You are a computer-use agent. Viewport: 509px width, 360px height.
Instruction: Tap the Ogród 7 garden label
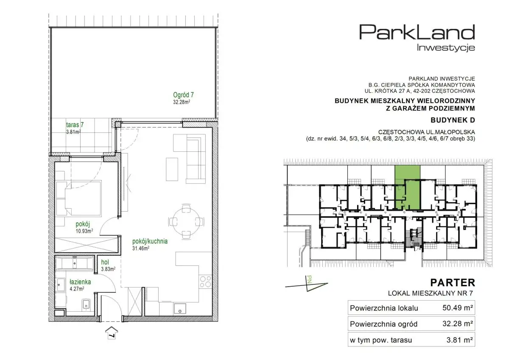(183, 95)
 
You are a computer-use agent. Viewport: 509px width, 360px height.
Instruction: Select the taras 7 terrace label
(75, 125)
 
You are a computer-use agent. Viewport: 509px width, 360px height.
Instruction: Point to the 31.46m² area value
(141, 248)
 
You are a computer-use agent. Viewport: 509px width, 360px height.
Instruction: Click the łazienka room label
(80, 282)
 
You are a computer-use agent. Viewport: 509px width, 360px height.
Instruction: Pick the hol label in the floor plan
(105, 262)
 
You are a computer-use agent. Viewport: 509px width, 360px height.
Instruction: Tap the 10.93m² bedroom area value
(84, 231)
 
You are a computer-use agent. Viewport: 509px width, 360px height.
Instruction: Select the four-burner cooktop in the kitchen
(205, 282)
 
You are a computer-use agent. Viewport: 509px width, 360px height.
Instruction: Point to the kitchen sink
(180, 309)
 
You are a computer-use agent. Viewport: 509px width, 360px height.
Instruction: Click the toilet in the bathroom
(86, 304)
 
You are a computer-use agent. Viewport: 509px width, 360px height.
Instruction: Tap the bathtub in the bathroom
(74, 263)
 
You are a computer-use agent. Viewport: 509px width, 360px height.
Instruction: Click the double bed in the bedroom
(78, 198)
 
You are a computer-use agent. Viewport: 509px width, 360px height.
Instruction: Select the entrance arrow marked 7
(112, 333)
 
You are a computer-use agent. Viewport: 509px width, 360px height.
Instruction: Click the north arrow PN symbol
(307, 283)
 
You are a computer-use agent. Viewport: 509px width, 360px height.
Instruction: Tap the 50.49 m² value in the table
(458, 307)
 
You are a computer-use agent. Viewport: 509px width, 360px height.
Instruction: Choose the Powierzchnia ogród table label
(383, 324)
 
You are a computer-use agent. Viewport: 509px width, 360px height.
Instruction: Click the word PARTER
(453, 283)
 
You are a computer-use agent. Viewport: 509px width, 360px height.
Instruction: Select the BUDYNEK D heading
(453, 120)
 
